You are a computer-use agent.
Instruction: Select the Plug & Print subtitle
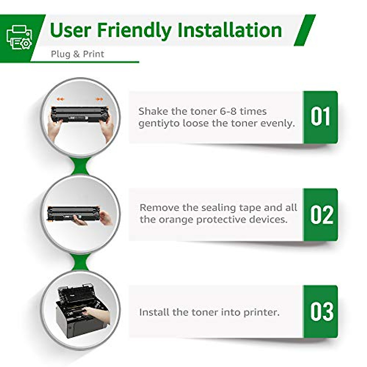pos(77,54)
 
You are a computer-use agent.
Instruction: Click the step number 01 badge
pos(320,117)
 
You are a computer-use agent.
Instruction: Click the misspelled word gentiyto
pos(159,124)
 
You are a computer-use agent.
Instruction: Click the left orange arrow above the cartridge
pos(61,99)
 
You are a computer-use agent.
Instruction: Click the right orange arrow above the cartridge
pos(99,99)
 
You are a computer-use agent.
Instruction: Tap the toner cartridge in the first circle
pos(80,114)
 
